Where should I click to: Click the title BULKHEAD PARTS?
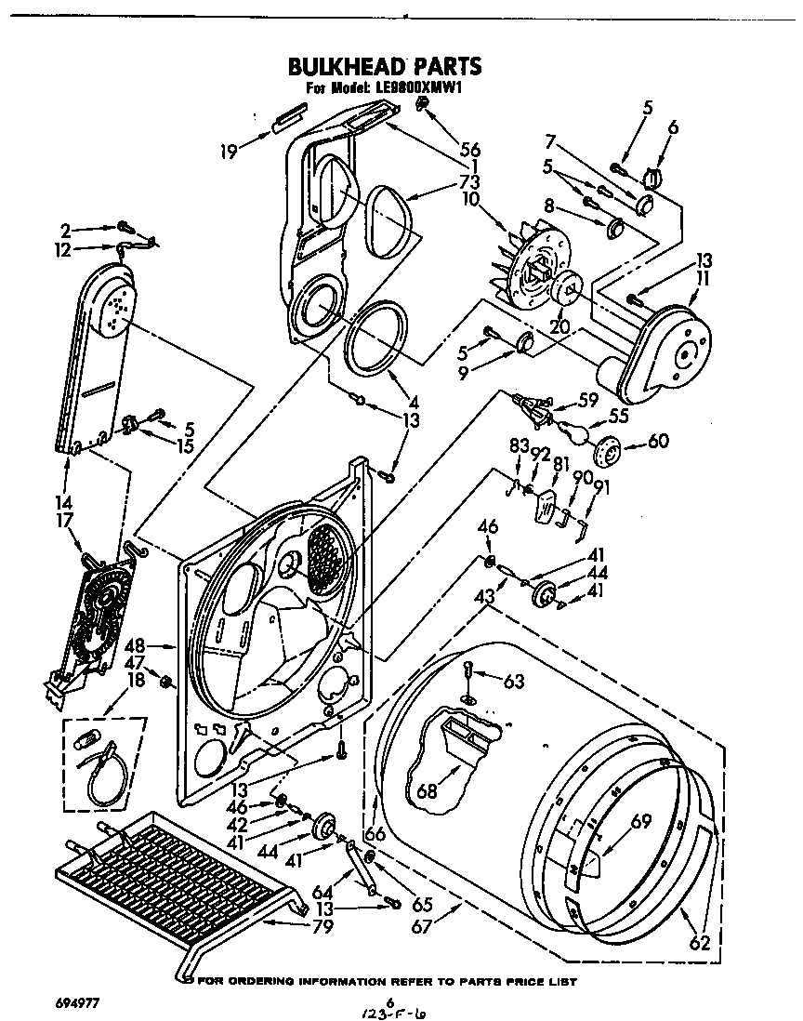384,66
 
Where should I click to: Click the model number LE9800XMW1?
418,88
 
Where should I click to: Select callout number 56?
469,149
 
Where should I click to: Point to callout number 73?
469,181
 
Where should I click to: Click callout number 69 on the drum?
640,821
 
